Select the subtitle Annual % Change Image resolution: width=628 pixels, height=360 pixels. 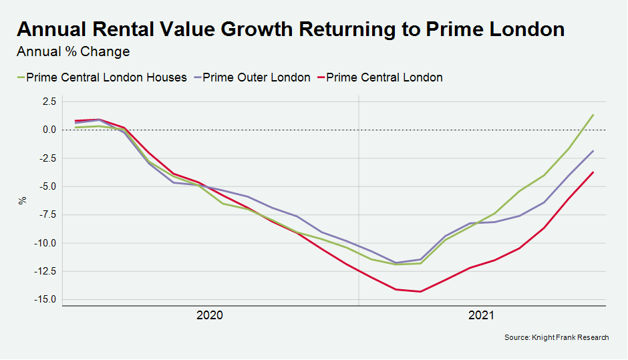click(x=73, y=51)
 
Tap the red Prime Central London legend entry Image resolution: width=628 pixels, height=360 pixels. click(x=384, y=77)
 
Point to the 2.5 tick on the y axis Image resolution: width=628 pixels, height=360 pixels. click(x=49, y=102)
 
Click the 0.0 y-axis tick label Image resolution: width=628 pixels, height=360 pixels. click(x=49, y=130)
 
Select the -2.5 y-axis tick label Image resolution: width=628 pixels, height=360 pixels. click(x=48, y=158)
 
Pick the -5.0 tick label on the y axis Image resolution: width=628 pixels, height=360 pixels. click(x=48, y=186)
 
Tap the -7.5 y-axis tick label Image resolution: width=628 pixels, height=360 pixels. click(x=48, y=214)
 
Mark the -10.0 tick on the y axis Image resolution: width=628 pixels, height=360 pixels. click(x=46, y=243)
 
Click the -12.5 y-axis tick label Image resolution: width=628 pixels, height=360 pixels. click(x=46, y=271)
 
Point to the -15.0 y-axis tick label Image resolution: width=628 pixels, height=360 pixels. click(x=46, y=299)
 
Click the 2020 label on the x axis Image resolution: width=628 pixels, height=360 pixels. click(x=210, y=315)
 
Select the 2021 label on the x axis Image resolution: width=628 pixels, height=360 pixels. click(x=482, y=315)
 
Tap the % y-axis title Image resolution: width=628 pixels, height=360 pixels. click(x=23, y=200)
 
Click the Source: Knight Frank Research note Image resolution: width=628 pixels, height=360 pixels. click(x=556, y=338)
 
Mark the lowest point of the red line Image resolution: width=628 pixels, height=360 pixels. click(x=420, y=291)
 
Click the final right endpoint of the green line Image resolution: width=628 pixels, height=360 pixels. click(x=593, y=115)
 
